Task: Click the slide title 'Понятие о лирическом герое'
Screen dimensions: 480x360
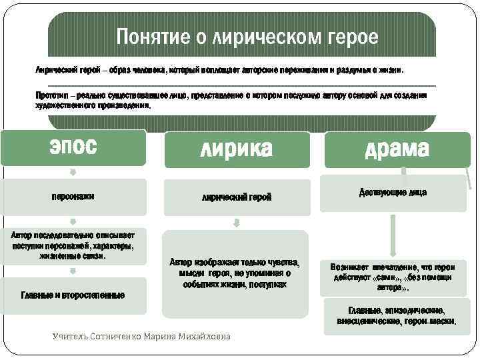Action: [247, 37]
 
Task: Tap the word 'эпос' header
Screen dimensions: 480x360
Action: [73, 147]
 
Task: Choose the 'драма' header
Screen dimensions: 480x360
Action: [397, 149]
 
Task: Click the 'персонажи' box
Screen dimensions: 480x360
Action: [73, 197]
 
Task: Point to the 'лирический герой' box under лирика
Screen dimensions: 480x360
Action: [237, 197]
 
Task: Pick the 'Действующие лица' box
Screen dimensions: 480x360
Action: [393, 193]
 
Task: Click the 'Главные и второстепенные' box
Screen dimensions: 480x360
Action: [73, 295]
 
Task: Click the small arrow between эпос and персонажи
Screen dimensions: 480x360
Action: [73, 172]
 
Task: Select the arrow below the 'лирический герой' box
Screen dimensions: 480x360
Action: [237, 223]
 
